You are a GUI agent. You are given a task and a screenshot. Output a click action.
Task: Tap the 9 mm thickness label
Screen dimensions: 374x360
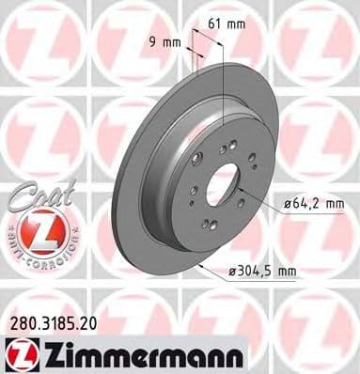tap(165, 41)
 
